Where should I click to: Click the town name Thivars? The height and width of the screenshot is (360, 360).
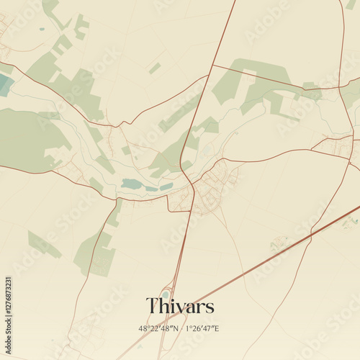(180, 306)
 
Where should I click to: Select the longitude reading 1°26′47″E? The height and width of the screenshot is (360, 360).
(202, 328)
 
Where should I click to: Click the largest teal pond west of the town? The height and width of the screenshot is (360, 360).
(132, 184)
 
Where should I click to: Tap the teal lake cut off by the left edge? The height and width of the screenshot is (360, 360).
(4, 85)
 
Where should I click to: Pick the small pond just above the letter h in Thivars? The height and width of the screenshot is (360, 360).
(165, 293)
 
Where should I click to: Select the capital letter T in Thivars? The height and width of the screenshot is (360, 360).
(153, 306)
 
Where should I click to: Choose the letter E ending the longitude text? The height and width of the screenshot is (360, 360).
(217, 328)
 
